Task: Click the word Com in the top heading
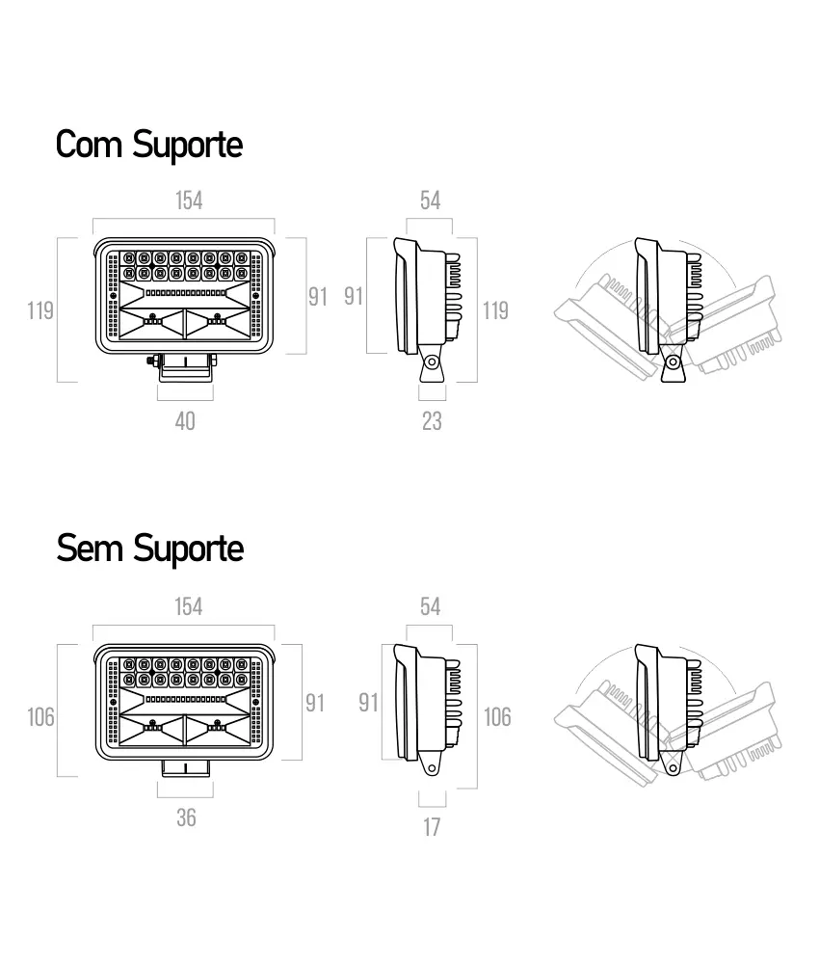89,146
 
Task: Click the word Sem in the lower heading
89,549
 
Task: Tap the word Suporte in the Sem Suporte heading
188,550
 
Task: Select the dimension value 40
185,422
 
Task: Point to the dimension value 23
432,422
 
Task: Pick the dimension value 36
186,818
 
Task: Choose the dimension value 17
432,827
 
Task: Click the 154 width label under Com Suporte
189,201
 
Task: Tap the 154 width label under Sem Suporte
189,606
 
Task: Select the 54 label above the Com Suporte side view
430,201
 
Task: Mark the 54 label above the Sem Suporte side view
430,606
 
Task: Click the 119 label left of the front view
40,311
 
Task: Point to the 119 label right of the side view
495,311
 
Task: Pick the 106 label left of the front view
40,717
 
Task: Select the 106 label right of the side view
497,717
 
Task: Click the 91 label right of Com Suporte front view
318,298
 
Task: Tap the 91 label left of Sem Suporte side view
368,704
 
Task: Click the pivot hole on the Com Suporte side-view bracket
432,362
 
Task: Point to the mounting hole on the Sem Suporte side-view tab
432,768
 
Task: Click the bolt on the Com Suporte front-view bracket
151,361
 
